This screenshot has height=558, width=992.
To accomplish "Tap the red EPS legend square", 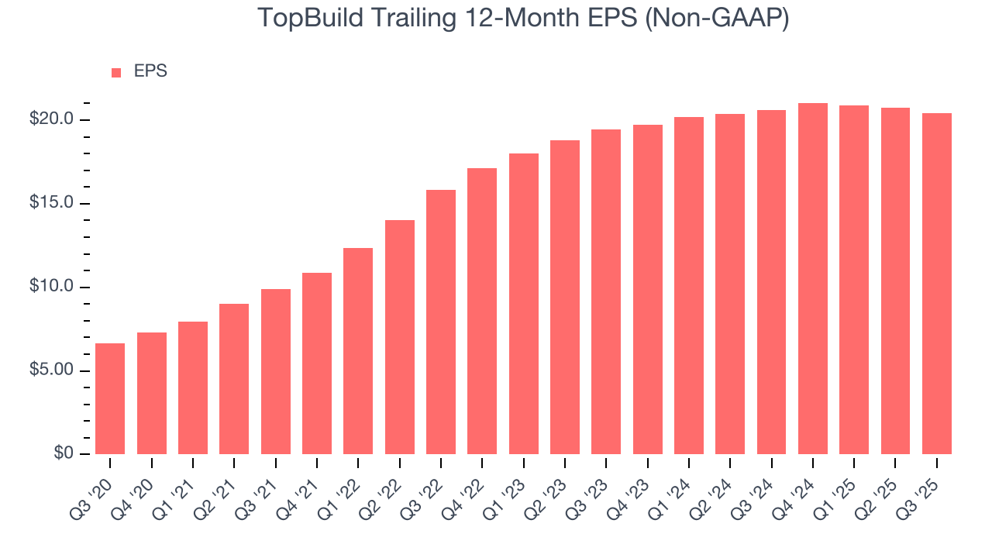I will pos(116,72).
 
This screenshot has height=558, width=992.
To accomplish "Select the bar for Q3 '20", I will pos(110,398).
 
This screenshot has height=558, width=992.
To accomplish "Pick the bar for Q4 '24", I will pos(813,279).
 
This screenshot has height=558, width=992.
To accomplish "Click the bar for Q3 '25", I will pos(937,284).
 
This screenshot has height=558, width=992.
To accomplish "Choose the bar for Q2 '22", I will pos(400,337).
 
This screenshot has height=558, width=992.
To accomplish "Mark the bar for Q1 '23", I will pos(524,304).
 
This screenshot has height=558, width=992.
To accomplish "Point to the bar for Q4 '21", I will pos(317,363).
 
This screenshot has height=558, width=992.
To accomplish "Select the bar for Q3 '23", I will pos(606,291).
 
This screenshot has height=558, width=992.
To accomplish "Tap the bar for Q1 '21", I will pos(193,387).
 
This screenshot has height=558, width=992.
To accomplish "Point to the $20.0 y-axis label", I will pos(53,119).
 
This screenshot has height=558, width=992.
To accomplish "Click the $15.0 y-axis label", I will pos(53,203).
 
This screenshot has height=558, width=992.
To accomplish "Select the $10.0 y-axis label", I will pos(53,287).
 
